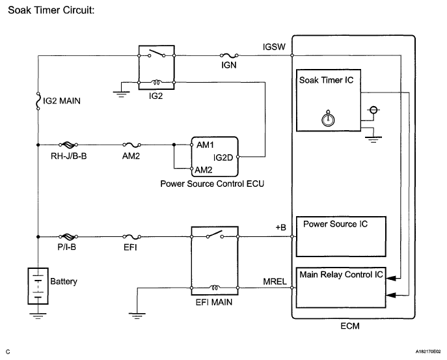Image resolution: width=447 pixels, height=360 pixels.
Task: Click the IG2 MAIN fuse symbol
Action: tap(38, 101)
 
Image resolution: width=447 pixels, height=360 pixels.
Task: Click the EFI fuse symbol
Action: tap(132, 237)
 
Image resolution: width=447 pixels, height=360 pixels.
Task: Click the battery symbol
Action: tap(38, 284)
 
